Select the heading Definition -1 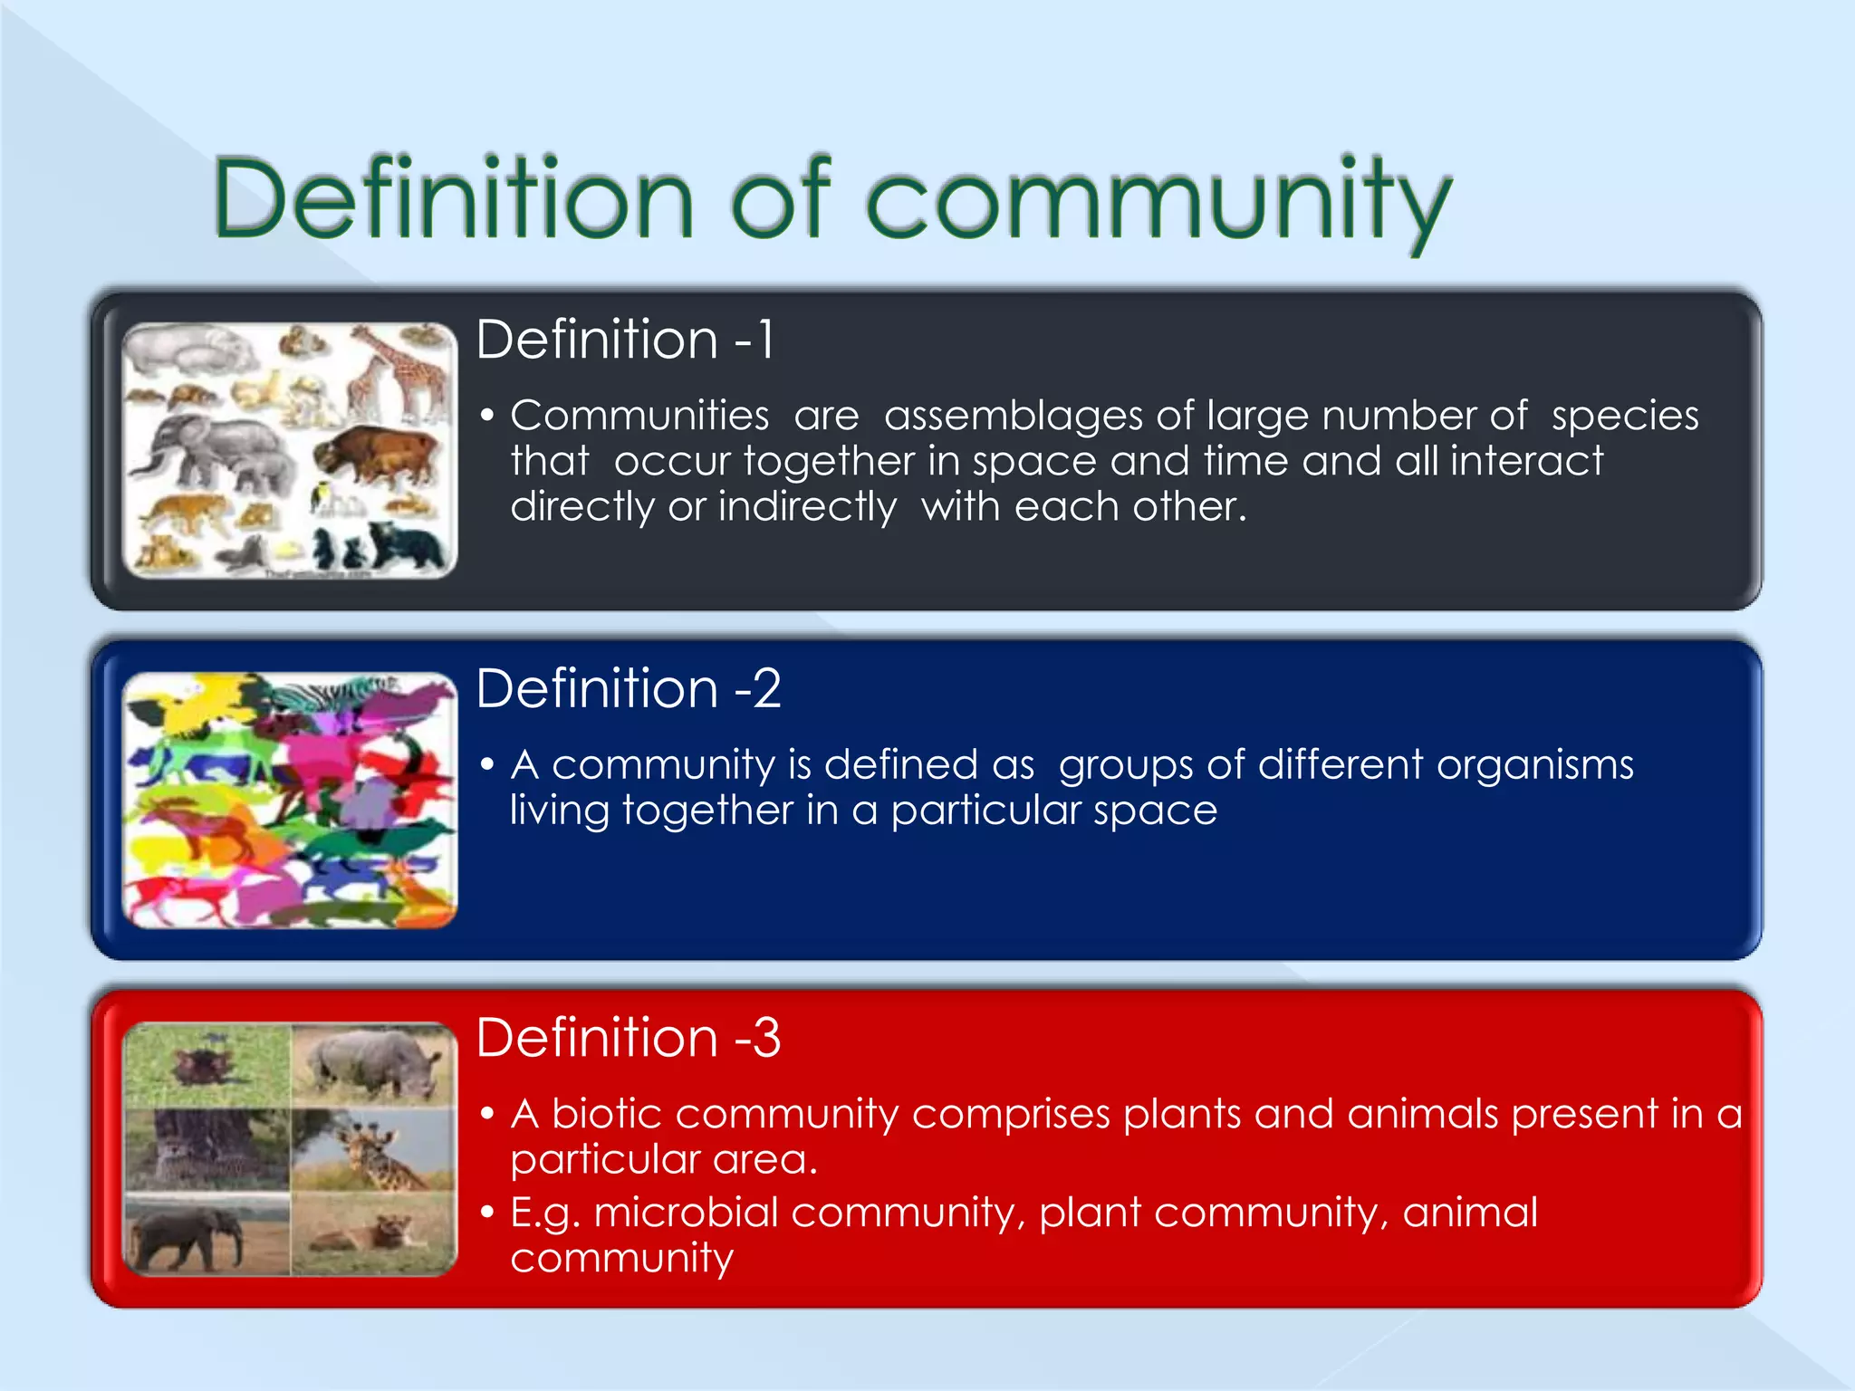[x=625, y=340]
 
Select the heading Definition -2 [x=628, y=688]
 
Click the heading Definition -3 [x=628, y=1038]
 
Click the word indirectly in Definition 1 [x=806, y=507]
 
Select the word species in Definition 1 [x=1624, y=417]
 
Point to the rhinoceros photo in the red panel [x=373, y=1064]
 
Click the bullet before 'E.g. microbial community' [x=487, y=1213]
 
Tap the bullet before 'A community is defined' [x=487, y=766]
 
